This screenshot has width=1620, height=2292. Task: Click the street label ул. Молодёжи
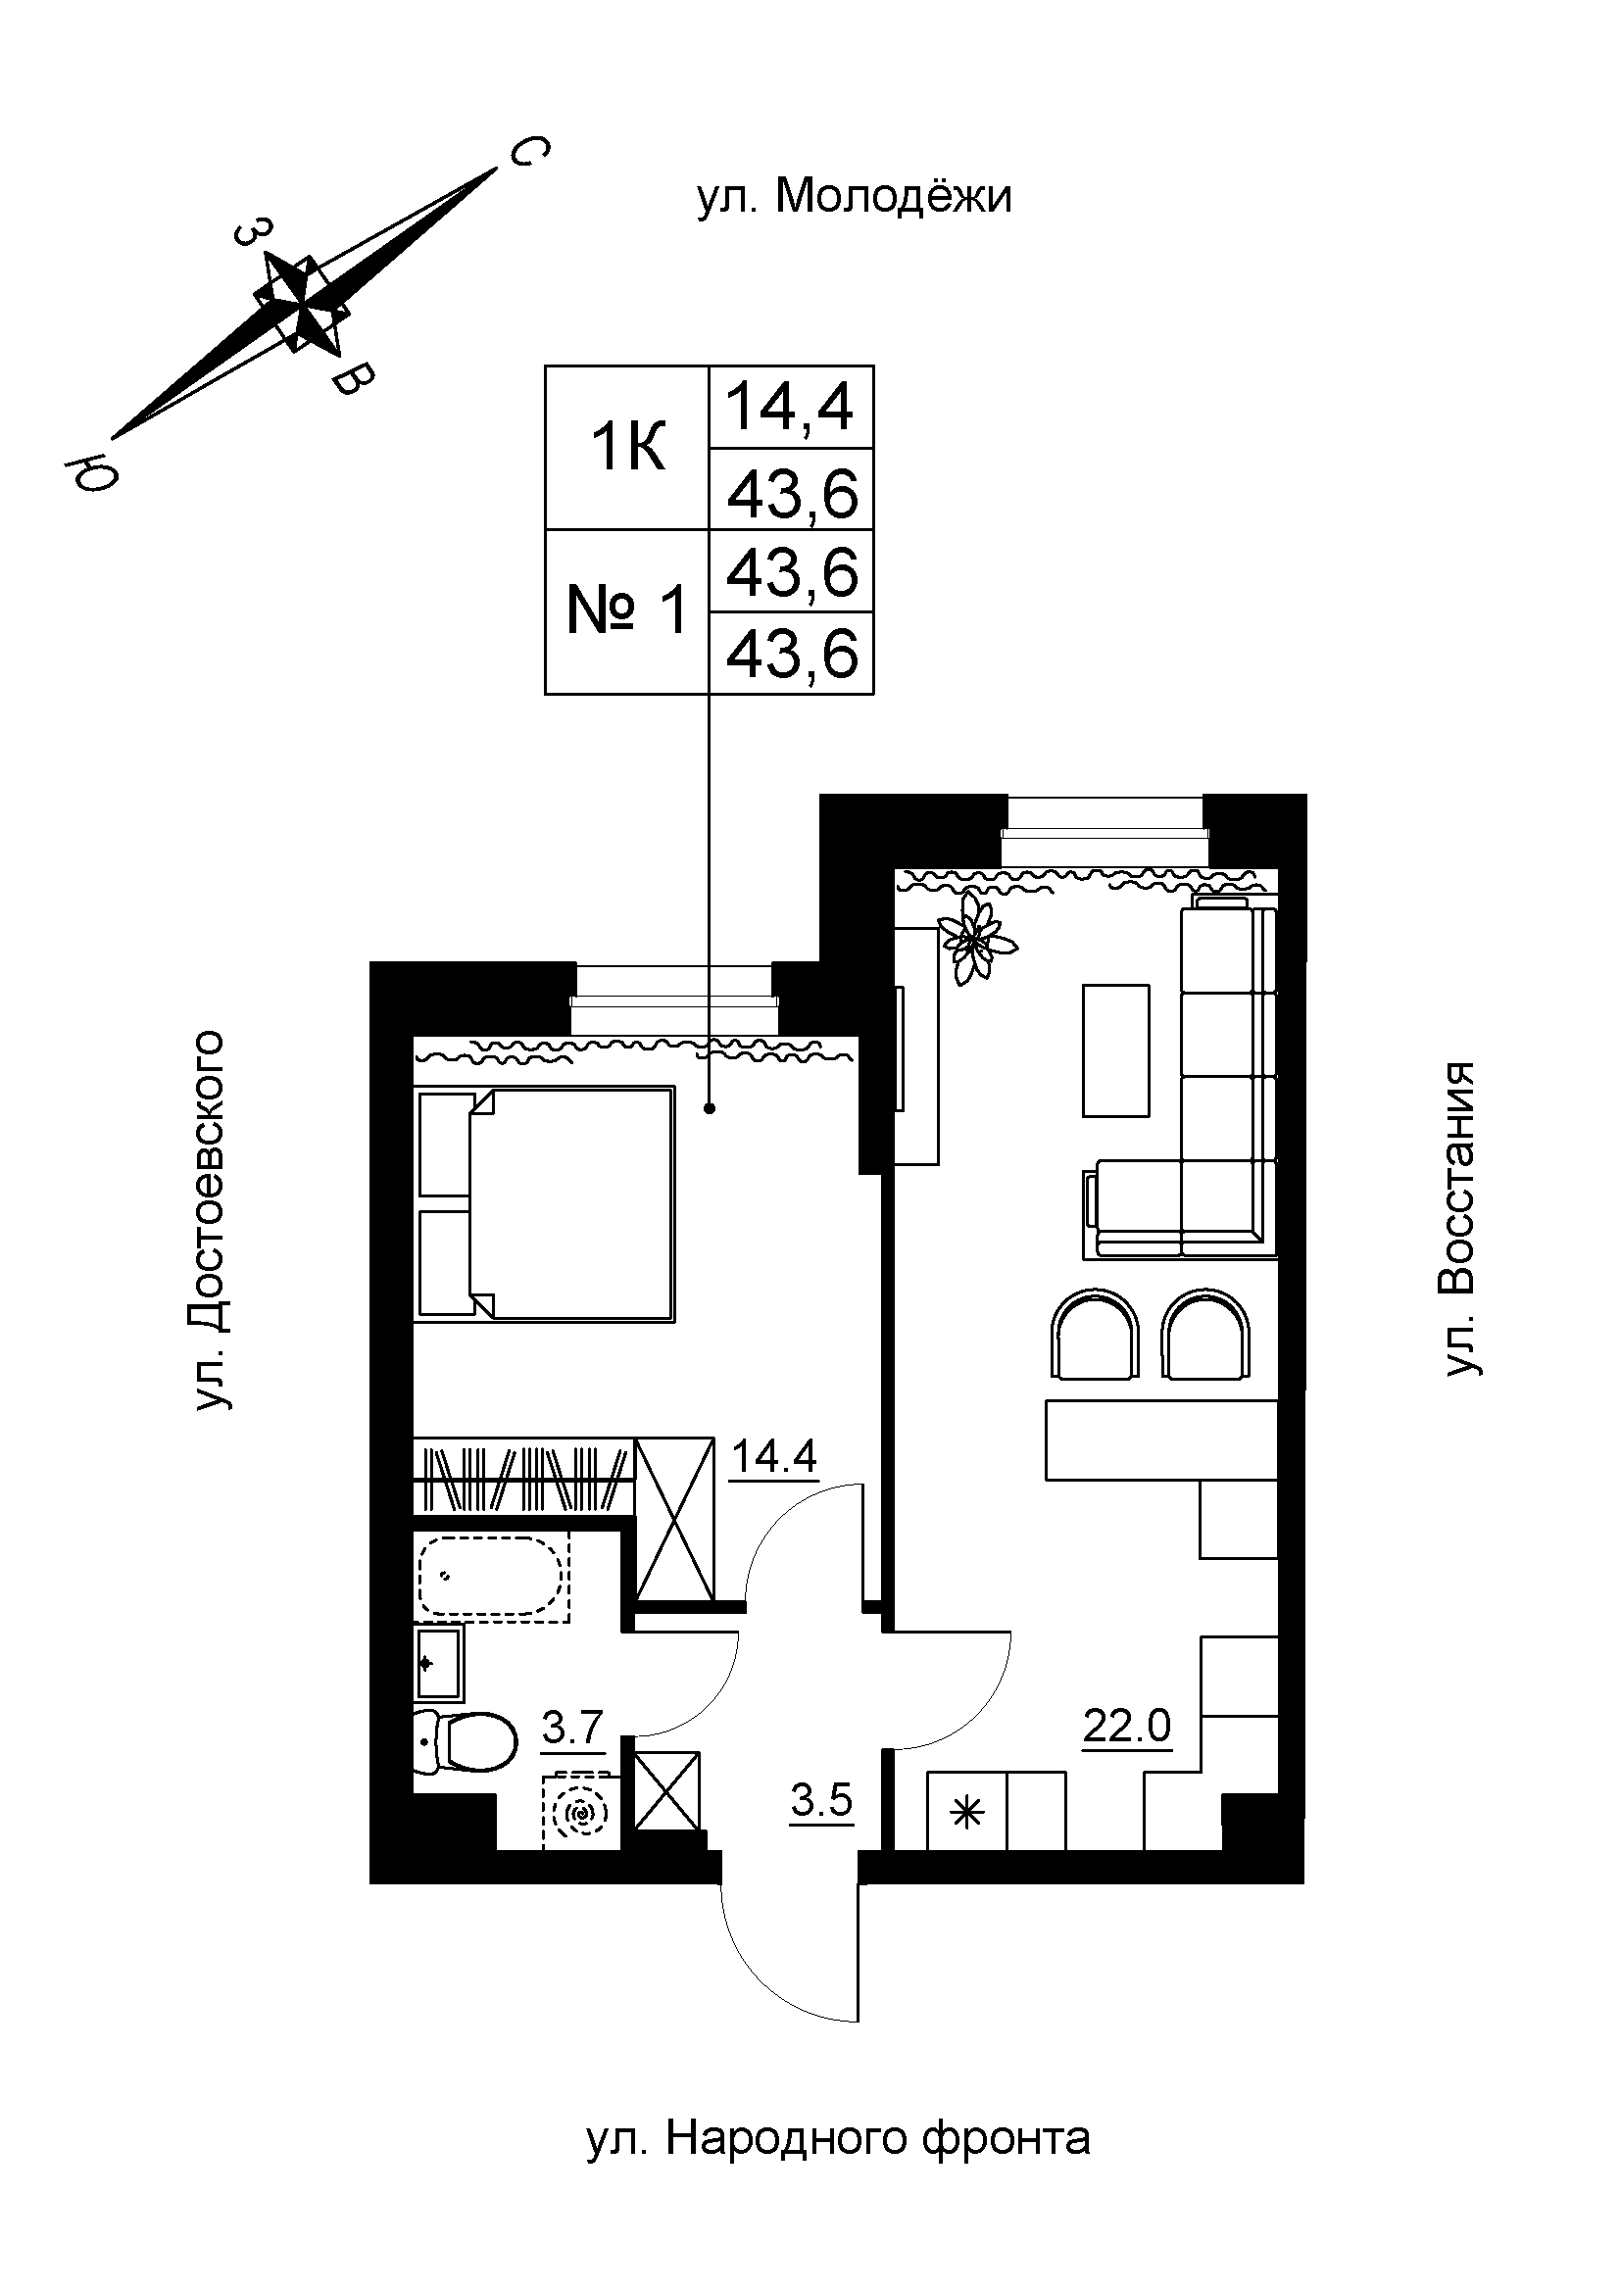[854, 197]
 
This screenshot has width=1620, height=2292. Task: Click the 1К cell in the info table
[628, 448]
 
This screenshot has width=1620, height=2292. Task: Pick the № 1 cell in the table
[628, 610]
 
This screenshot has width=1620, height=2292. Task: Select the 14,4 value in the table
[791, 408]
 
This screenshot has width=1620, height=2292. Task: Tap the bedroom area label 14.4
[774, 1456]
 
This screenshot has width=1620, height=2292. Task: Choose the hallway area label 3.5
[821, 1801]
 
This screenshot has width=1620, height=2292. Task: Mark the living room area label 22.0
[1127, 1725]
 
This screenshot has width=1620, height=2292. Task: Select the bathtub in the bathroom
[493, 1579]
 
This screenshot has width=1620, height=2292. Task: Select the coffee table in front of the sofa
[1116, 1050]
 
